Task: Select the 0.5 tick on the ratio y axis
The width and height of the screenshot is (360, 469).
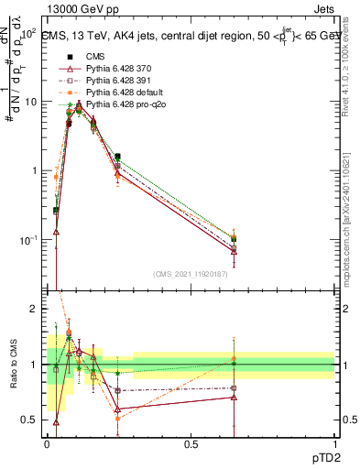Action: tap(31, 420)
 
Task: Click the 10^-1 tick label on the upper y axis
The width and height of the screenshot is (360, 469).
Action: tap(28, 240)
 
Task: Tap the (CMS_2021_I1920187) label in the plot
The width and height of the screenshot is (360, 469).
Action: tap(191, 274)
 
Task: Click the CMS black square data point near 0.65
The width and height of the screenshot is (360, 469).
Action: tap(234, 239)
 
